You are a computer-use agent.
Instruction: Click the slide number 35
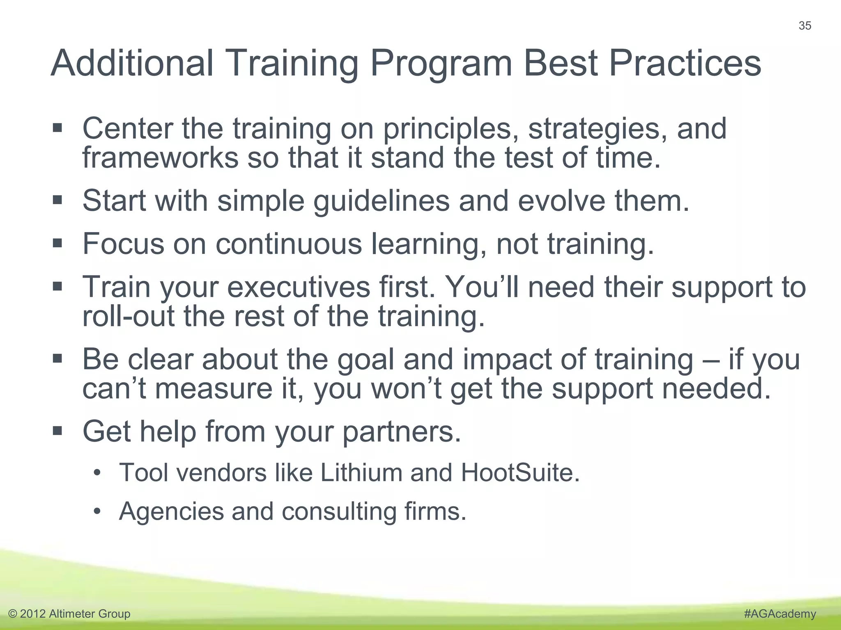pos(804,26)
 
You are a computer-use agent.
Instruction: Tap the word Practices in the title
pos(685,63)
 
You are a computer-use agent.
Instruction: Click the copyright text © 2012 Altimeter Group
pos(69,614)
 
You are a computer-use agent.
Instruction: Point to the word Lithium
pos(361,472)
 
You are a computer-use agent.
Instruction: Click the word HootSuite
pos(520,472)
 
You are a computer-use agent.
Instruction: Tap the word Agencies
pos(170,511)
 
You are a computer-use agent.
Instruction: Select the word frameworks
pos(160,157)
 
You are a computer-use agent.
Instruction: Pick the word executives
pos(299,287)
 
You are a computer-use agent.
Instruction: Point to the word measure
pos(214,389)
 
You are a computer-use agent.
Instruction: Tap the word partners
pos(402,432)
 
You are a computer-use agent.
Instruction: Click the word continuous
pos(289,244)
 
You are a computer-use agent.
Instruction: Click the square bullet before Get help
pos(57,431)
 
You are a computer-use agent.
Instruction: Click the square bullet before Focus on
pos(57,243)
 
